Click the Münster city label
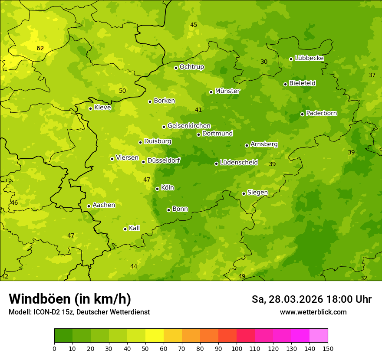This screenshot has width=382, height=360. tap(227, 91)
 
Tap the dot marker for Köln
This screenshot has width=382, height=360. tap(157, 189)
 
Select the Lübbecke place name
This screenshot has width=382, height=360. tap(309, 58)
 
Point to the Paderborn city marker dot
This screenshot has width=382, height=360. tap(302, 114)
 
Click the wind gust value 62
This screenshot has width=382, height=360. tap(40, 48)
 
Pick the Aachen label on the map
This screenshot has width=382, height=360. tap(104, 205)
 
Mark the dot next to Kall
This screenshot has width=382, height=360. tap(125, 229)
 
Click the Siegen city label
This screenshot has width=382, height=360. tap(257, 193)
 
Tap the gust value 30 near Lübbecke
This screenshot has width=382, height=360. tap(264, 62)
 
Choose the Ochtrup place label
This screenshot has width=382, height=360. tap(191, 67)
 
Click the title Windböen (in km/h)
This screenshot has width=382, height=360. tap(70, 299)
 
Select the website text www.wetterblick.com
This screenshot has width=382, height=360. tap(313, 312)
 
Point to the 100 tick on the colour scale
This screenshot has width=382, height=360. tap(237, 348)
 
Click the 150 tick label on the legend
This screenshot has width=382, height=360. tap(328, 348)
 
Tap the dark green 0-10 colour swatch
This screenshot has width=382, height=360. tap(63, 336)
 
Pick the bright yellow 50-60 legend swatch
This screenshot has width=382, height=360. tap(155, 336)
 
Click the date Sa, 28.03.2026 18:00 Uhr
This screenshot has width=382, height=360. tap(311, 299)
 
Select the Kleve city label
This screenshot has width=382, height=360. tap(102, 108)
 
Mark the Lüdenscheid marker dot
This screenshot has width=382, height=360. tap(216, 164)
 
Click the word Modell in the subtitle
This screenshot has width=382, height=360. tap(19, 312)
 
